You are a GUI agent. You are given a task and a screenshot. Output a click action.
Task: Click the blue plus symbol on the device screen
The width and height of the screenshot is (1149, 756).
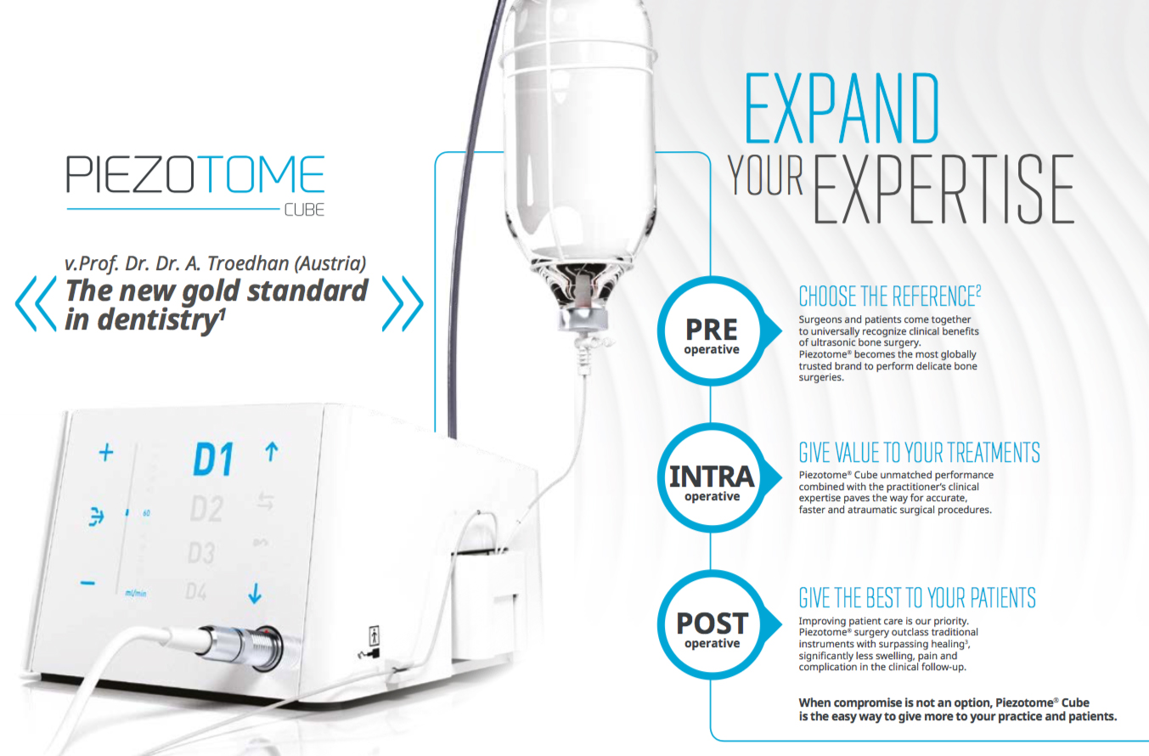click(x=105, y=453)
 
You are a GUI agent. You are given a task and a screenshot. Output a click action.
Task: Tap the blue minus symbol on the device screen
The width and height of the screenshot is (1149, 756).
click(x=87, y=583)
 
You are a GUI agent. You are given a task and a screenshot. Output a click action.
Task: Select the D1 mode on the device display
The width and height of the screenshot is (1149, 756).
click(x=214, y=460)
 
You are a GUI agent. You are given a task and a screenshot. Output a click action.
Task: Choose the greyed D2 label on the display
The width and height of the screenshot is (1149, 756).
click(x=206, y=509)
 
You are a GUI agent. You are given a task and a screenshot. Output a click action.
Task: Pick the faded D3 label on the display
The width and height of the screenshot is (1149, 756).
click(x=201, y=553)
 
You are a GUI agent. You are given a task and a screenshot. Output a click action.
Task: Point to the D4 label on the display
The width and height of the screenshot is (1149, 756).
click(x=196, y=592)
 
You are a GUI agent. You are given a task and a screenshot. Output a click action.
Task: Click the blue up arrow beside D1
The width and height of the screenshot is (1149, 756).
click(x=272, y=452)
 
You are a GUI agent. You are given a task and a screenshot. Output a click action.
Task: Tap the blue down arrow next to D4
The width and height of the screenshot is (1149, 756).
click(x=255, y=593)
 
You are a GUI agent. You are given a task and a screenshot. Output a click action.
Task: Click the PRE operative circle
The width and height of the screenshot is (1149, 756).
click(x=712, y=331)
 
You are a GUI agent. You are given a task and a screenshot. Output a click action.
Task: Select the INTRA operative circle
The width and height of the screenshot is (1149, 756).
click(x=712, y=478)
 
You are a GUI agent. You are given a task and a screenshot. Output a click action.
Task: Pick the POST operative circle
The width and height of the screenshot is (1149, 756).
click(x=712, y=624)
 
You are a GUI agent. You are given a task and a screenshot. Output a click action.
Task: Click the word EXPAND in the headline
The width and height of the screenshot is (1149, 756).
click(x=842, y=108)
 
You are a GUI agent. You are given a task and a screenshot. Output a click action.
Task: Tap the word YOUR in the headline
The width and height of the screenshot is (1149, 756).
click(x=765, y=176)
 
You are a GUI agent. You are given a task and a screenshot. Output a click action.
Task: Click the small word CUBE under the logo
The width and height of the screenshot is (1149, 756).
click(x=304, y=210)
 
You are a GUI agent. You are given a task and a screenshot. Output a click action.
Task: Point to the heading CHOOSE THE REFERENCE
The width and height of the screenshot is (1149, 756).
click(x=890, y=296)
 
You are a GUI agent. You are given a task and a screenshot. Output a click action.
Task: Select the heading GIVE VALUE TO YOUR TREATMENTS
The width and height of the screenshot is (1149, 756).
click(x=919, y=453)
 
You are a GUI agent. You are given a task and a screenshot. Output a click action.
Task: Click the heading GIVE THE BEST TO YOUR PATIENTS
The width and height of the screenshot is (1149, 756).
click(x=917, y=598)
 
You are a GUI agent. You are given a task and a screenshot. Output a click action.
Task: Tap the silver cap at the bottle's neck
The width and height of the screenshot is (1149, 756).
click(x=583, y=319)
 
